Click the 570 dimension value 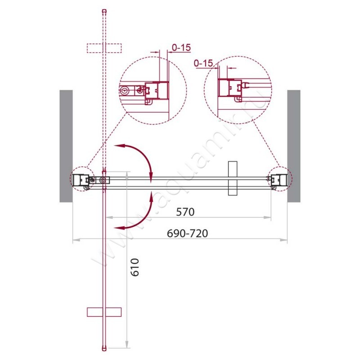click(x=185, y=211)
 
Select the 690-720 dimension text click(x=187, y=233)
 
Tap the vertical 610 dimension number click(x=135, y=267)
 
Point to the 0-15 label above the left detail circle click(x=181, y=48)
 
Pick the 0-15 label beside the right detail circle click(x=203, y=63)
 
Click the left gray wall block click(x=66, y=146)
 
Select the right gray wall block click(x=294, y=146)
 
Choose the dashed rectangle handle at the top click(x=104, y=48)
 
